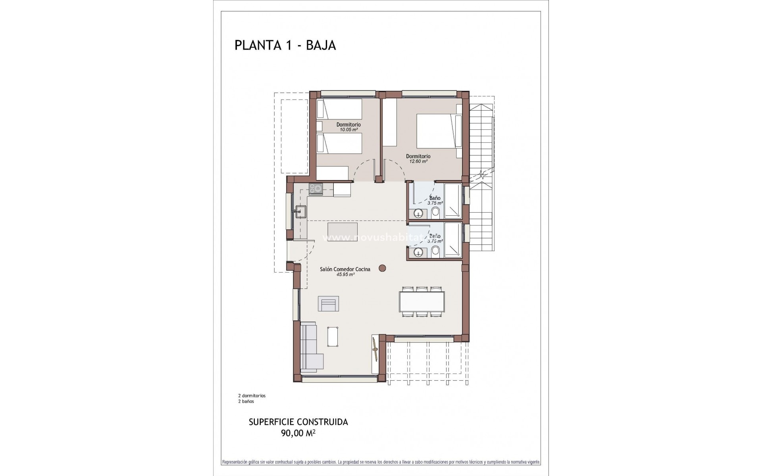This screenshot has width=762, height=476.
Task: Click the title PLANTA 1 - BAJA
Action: click(x=285, y=45)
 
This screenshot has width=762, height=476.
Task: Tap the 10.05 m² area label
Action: click(x=348, y=130)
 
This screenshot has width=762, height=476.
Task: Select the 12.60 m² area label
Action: click(x=418, y=161)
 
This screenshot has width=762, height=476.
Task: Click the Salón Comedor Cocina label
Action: click(x=345, y=269)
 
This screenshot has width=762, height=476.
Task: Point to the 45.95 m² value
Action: click(x=345, y=274)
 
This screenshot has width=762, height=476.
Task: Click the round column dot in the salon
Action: click(x=382, y=268)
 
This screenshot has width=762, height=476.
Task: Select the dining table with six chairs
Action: click(x=422, y=302)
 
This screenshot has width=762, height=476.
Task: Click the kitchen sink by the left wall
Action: click(x=300, y=211)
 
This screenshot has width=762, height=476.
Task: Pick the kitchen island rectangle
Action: click(x=342, y=230)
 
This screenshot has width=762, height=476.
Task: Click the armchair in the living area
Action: click(x=329, y=304)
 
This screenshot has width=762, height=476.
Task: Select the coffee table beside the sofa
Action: click(x=333, y=336)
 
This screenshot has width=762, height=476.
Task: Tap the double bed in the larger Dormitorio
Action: click(x=437, y=131)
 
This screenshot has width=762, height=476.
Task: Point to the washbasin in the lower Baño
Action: click(x=418, y=252)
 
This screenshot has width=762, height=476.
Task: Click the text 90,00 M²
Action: click(x=298, y=434)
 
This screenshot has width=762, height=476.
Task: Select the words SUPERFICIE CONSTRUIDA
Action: click(x=298, y=422)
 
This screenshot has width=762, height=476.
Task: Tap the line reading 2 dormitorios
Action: click(x=252, y=395)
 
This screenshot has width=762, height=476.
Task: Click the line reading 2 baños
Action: click(x=246, y=401)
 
